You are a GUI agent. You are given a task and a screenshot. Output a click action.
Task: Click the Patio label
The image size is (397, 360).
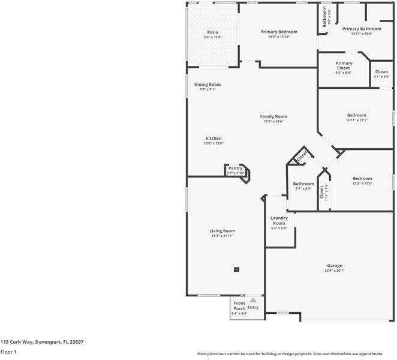coord(213,32)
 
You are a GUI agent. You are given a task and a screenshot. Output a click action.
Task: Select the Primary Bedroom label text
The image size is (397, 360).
coord(279,32)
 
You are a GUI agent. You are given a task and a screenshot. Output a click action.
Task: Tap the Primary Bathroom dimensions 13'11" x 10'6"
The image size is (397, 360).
coord(362,34)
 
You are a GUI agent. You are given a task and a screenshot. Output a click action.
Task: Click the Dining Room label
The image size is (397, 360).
coord(207,85)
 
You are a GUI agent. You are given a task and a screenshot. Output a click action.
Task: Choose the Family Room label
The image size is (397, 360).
coord(273,116)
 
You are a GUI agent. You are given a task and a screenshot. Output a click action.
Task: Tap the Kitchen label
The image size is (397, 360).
coord(213,139)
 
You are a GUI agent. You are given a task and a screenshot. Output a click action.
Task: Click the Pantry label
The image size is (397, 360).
coord(236,169)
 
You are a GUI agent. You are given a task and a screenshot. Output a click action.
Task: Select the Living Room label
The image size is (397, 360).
coord(222,231)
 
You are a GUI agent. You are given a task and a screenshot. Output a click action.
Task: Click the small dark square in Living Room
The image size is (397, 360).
coord(236,269)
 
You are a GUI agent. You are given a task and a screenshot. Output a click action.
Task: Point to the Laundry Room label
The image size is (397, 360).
coord(279,220)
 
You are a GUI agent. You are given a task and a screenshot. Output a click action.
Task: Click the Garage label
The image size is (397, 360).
coord(334,265)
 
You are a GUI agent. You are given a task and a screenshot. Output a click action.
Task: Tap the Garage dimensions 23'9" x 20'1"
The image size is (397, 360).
coord(334,271)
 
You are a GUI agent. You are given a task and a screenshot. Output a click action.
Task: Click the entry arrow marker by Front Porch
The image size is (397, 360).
coord(253,299)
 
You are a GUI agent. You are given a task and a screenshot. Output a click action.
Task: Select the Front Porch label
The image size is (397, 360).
coord(239,305)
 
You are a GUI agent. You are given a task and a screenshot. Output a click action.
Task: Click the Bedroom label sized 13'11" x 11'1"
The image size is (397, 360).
coord(356,115)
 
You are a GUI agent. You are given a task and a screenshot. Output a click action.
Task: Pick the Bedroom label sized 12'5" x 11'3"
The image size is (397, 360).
coord(362,178)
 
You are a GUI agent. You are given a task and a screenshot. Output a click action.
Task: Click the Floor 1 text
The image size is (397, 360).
coord(8,352)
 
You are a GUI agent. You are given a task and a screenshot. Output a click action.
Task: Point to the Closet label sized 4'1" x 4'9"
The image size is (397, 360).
coord(381,72)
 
